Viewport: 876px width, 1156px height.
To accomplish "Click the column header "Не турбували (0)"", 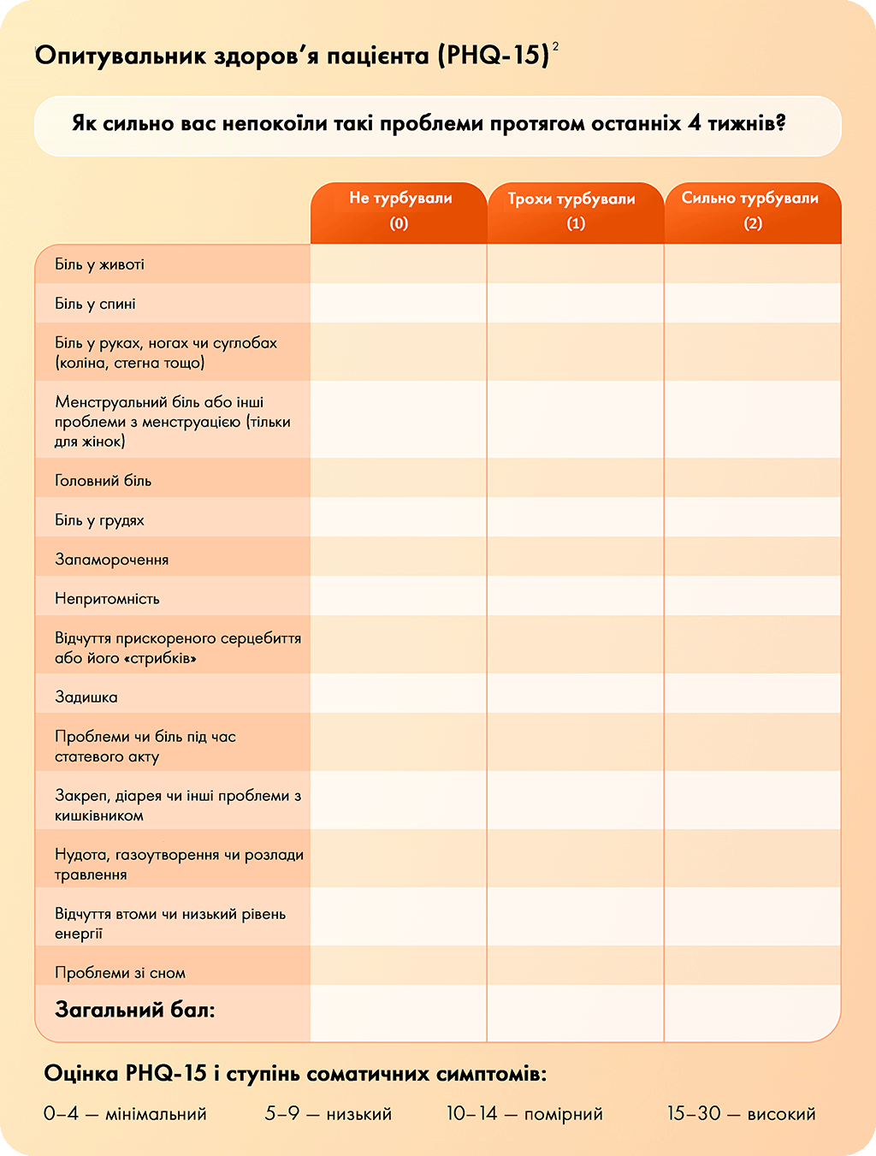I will click(400, 210).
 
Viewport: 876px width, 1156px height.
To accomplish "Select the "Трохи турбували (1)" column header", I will click(576, 210).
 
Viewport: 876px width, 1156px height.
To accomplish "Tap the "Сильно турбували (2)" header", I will click(752, 210).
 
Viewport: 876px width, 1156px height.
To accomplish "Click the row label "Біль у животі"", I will click(100, 264).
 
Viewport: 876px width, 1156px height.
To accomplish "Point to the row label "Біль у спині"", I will click(96, 304).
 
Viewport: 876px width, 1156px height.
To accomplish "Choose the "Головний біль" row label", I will click(104, 481).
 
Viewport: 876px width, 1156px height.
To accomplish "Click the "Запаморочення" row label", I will click(112, 560).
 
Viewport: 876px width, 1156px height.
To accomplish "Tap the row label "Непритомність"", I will click(108, 599).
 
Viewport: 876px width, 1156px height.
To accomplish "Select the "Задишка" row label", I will click(86, 697).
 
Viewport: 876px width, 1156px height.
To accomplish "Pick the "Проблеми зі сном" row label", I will click(121, 973).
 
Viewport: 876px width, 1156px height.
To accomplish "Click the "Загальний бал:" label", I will click(135, 1011).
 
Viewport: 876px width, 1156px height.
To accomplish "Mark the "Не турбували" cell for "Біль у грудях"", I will click(399, 518).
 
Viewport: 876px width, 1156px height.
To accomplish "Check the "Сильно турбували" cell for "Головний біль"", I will click(752, 478).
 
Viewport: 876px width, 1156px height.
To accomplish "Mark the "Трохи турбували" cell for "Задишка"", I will click(576, 694).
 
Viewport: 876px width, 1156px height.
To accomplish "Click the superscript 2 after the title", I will click(555, 46).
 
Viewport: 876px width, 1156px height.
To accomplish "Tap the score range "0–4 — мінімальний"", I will click(126, 1114).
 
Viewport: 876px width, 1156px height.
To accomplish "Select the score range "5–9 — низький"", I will click(328, 1114).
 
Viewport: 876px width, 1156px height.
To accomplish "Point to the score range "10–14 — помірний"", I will click(524, 1114).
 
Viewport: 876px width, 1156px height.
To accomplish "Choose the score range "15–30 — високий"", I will click(742, 1114).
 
